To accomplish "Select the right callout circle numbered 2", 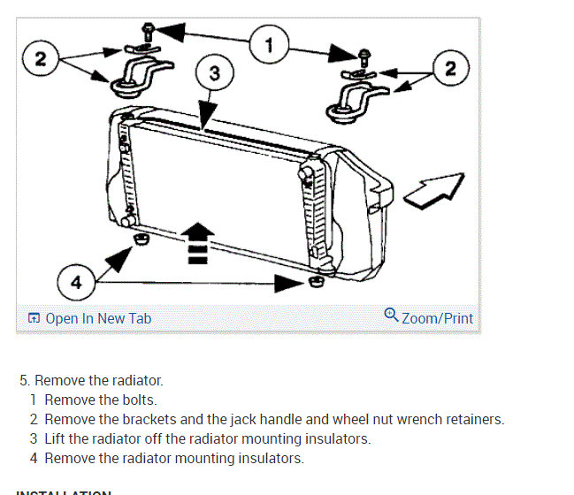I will (451, 68).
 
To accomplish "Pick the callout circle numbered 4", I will (76, 283).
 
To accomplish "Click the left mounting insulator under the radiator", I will (139, 240).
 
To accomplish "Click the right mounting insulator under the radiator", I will (316, 282).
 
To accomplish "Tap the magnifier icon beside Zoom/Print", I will (391, 316).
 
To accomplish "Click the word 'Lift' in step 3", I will (57, 439).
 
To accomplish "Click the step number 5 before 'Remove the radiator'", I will (24, 381).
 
